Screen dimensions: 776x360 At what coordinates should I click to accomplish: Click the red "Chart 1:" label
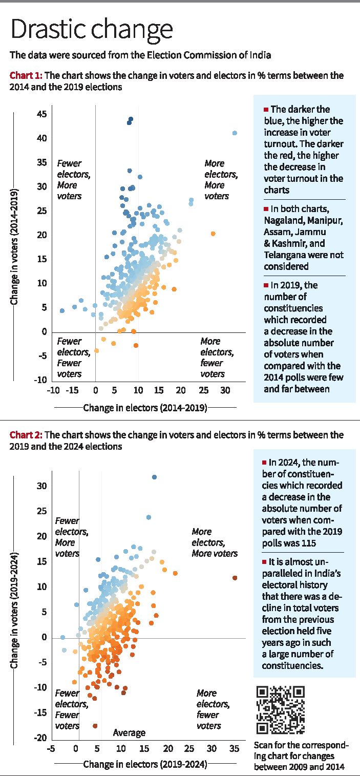click(26, 76)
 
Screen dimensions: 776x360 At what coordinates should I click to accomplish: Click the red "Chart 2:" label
click(26, 435)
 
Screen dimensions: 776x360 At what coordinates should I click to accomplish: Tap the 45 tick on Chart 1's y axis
click(41, 114)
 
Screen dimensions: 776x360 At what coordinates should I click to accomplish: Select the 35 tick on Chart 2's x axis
click(234, 748)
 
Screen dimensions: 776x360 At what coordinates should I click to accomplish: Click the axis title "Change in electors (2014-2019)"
click(145, 408)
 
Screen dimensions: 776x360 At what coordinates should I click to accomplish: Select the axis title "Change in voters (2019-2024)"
click(15, 610)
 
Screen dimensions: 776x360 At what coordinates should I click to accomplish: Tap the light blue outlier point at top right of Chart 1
click(235, 133)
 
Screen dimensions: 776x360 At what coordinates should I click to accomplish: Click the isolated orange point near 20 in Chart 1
click(213, 234)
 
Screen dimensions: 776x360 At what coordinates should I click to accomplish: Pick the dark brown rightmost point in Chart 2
click(235, 578)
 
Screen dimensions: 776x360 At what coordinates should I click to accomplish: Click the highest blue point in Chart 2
click(154, 477)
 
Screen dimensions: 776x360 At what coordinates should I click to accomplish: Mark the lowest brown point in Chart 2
click(95, 726)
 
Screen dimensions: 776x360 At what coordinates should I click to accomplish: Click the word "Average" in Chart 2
click(129, 732)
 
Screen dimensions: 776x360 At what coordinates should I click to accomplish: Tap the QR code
click(280, 709)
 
